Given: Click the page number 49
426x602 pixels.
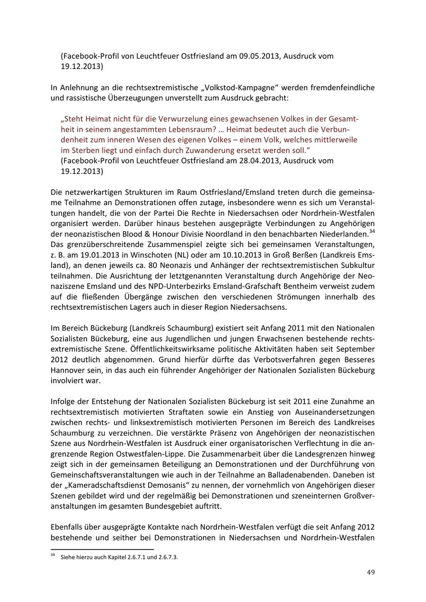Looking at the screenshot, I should pyautogui.click(x=371, y=572).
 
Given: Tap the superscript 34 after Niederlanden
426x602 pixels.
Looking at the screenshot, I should pyautogui.click(x=372, y=231).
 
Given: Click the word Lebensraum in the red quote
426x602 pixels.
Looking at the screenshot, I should pyautogui.click(x=185, y=129).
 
